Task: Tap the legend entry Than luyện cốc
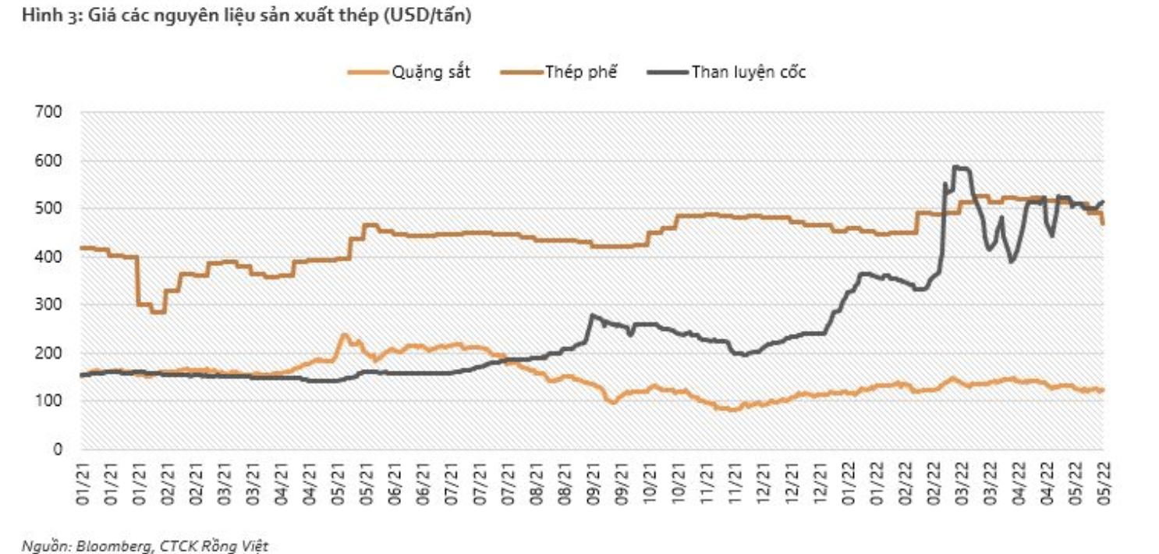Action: [747, 73]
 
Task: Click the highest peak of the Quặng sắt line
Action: [343, 335]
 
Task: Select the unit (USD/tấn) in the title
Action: [427, 16]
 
